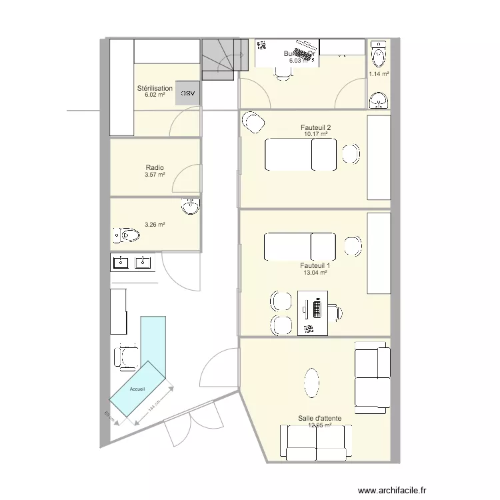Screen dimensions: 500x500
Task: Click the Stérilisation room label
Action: tap(155, 88)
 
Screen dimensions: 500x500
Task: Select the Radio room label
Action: tap(155, 168)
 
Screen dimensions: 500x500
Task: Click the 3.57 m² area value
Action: tap(155, 175)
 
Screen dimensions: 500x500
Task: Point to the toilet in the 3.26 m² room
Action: tap(127, 235)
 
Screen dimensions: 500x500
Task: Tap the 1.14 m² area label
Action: tap(379, 74)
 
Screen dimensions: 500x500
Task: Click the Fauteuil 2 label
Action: tap(316, 127)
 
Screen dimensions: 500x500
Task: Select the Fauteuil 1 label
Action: tap(316, 265)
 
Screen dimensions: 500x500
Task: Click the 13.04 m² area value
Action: tap(316, 272)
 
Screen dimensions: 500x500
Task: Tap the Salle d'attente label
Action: tap(320, 419)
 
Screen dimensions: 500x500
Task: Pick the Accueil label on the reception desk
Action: tap(137, 389)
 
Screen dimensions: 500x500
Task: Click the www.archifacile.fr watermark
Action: tap(391, 489)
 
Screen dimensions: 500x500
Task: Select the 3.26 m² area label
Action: tap(155, 225)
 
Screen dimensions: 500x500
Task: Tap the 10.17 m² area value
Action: tap(316, 134)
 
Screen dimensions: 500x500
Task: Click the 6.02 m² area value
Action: tap(155, 95)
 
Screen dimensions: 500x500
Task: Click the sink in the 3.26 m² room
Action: tap(191, 206)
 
